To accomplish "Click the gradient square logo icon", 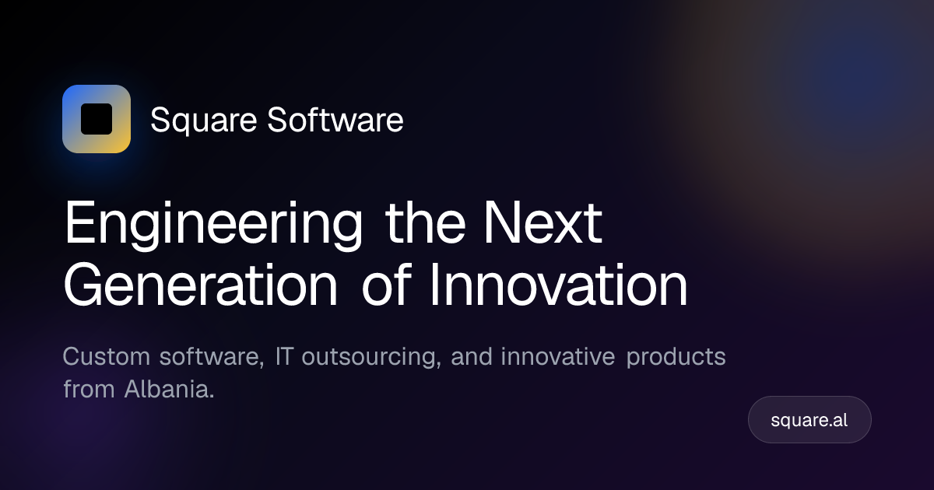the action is (x=97, y=119).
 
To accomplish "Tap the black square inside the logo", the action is (x=97, y=119).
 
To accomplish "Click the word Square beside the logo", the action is (x=203, y=121).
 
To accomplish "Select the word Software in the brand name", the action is (x=335, y=120).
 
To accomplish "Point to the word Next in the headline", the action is (x=542, y=222).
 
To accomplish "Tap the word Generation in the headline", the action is (x=200, y=285).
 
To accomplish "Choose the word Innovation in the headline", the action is (x=558, y=285).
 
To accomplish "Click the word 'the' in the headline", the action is (x=425, y=222).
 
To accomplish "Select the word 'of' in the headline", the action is (x=387, y=285).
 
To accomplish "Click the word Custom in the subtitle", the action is (x=107, y=357).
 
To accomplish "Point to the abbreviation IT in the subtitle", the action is (x=284, y=357).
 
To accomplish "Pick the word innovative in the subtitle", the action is (x=558, y=357).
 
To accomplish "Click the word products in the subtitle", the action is (x=676, y=358).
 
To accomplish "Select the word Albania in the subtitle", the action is (x=170, y=389).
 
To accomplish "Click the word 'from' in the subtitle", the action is (x=89, y=389).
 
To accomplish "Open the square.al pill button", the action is (x=809, y=419).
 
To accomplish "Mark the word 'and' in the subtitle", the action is (x=471, y=357).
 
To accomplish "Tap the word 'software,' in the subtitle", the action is (x=212, y=357).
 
